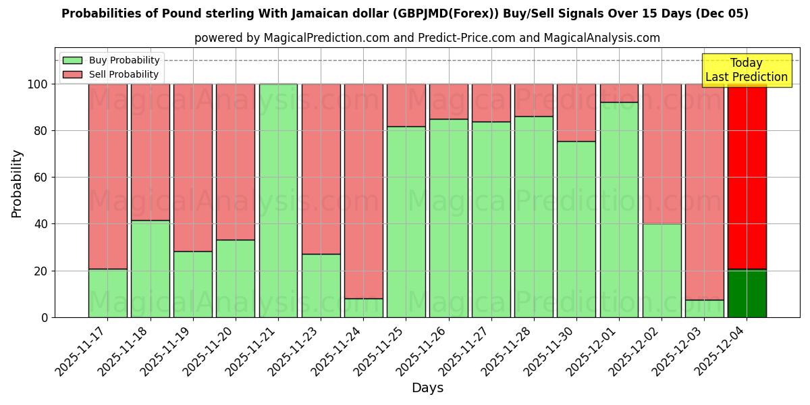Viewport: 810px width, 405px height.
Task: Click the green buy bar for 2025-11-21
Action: coord(278,200)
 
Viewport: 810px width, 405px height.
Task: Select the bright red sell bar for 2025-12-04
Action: coord(747,176)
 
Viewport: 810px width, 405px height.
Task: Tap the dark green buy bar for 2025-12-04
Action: coord(747,294)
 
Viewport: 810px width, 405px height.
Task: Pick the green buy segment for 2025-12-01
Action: coord(619,209)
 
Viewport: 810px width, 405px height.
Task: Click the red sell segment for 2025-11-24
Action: coord(363,191)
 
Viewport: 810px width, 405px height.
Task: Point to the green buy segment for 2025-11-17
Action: coord(107,293)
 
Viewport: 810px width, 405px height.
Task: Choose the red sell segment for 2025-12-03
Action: coord(704,192)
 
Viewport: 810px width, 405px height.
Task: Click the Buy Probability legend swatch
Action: coord(72,61)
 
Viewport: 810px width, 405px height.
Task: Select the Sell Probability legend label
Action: coord(124,75)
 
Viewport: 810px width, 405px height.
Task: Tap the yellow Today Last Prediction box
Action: coord(746,70)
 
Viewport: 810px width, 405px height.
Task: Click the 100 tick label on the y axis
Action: coord(38,84)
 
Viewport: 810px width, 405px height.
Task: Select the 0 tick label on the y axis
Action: coord(45,317)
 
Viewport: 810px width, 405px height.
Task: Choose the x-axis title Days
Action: coord(427,388)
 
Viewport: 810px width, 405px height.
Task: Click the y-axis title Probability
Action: coord(17,183)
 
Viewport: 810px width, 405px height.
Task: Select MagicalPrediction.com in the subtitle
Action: coord(326,38)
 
